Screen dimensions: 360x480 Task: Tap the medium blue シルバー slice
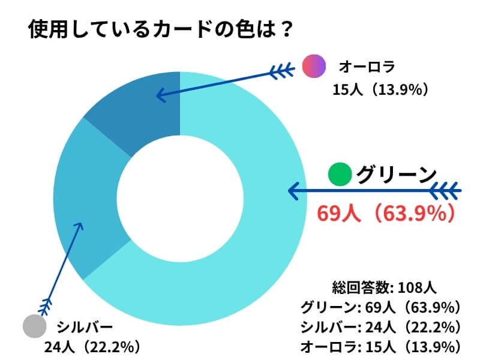click(x=90, y=198)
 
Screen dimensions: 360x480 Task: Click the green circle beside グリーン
click(x=340, y=174)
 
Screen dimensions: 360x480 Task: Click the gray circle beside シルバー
click(x=34, y=326)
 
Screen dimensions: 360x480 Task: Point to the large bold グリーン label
click(x=396, y=174)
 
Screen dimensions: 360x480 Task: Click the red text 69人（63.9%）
click(x=384, y=213)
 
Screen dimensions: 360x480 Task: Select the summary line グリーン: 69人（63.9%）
click(x=380, y=307)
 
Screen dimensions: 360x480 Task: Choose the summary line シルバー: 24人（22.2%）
click(x=380, y=327)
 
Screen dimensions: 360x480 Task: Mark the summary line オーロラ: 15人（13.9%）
click(x=380, y=346)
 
